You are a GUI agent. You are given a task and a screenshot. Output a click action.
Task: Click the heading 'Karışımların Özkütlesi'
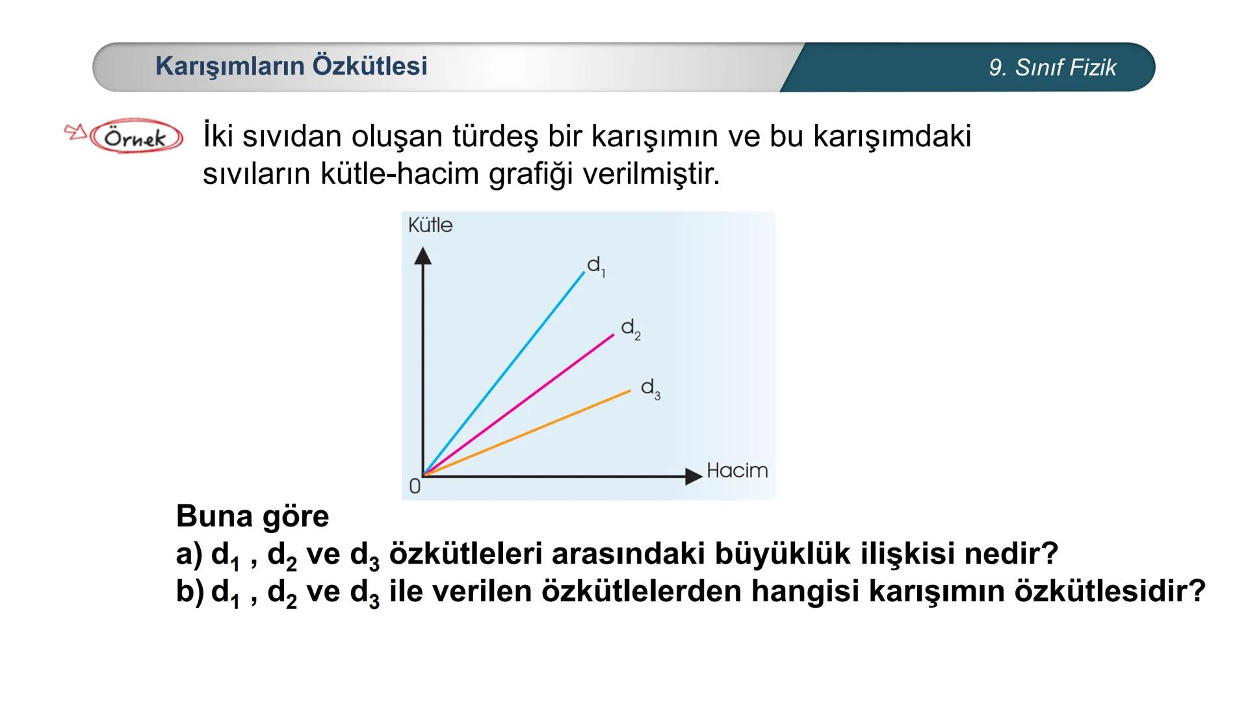(291, 66)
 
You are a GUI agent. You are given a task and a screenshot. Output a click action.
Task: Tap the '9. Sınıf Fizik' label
(1052, 68)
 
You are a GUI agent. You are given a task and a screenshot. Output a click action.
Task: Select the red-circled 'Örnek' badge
(136, 137)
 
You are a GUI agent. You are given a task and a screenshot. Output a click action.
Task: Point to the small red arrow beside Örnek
(75, 132)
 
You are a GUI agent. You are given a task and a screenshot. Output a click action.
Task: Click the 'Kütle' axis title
(430, 226)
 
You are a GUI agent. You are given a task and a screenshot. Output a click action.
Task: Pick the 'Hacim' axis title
(737, 471)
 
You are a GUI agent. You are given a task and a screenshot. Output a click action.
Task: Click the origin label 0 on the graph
(415, 486)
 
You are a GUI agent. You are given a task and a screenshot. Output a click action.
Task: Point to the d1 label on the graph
(595, 266)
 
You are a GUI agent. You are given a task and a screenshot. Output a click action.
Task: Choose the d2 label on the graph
(630, 329)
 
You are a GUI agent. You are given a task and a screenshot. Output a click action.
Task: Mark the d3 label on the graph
(650, 389)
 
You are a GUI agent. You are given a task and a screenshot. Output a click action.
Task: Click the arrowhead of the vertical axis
(423, 256)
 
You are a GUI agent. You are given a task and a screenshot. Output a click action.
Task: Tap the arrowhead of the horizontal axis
(694, 476)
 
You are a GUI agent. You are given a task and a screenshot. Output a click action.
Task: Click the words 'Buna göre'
(252, 517)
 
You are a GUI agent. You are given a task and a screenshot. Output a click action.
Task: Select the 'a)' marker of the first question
(189, 554)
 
